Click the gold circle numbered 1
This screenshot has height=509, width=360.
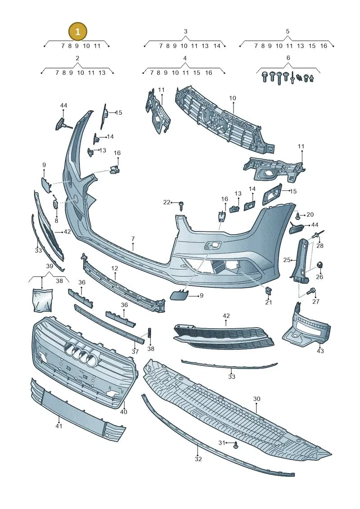point(77,32)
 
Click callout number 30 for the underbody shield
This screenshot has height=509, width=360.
point(256,399)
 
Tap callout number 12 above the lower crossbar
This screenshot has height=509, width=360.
point(115,269)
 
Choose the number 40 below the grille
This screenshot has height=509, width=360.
point(123,412)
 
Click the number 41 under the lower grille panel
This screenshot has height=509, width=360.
point(58,426)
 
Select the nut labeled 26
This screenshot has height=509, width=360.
point(320,265)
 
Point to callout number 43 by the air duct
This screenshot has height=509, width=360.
point(320,351)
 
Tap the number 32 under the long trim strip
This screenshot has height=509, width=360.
point(198,459)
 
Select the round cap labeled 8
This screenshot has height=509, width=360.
point(55,204)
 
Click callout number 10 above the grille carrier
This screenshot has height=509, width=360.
point(233,98)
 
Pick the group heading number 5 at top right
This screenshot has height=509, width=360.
point(288,32)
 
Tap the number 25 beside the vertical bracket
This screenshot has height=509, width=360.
point(287,260)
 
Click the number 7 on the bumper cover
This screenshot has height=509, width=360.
point(133,239)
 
